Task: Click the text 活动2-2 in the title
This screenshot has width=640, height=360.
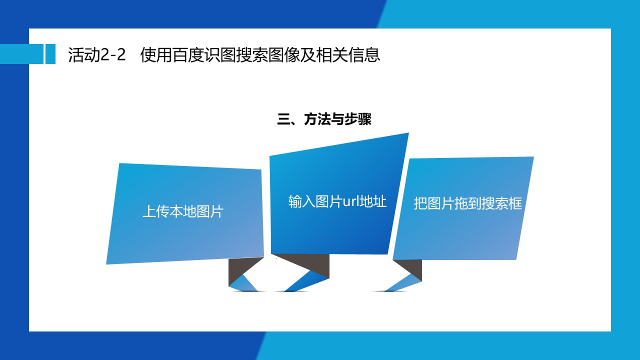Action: (97, 54)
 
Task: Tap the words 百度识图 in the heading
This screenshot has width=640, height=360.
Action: (204, 54)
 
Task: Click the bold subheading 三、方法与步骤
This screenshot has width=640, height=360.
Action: (324, 119)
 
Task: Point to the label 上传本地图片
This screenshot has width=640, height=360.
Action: (183, 211)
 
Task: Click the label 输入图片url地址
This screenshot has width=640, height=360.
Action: (337, 201)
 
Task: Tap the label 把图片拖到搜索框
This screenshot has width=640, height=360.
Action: (467, 203)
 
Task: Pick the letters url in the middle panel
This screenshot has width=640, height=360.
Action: (351, 201)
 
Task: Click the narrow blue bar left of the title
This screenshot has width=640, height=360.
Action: (50, 54)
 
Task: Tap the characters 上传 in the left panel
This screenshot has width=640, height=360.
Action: (155, 211)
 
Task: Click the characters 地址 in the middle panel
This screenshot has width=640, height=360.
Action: (373, 201)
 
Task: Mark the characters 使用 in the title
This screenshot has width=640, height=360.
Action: (155, 54)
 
